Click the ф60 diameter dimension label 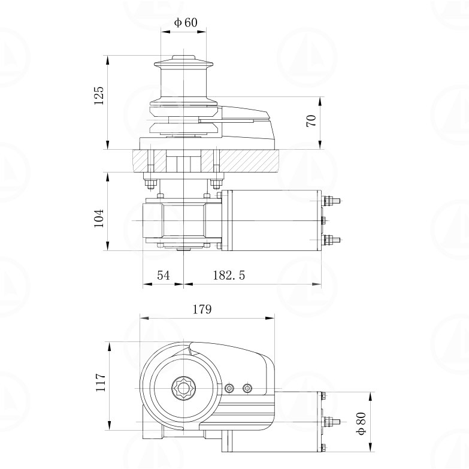click(x=186, y=22)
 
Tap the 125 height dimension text click(x=99, y=95)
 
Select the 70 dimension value click(x=311, y=120)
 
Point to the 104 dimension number click(x=99, y=219)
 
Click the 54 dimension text click(x=164, y=275)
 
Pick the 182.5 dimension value click(x=229, y=275)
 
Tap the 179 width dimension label click(x=202, y=309)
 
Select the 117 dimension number click(x=100, y=382)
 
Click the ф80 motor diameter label click(x=361, y=423)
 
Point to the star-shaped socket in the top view click(x=183, y=388)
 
